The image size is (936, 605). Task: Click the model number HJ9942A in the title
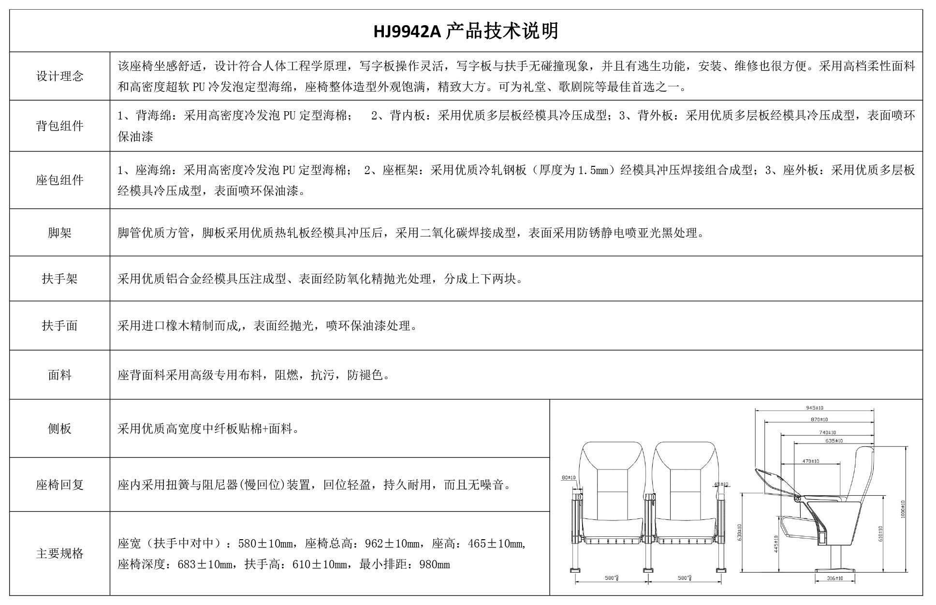coord(407,31)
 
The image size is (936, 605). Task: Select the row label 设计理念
coord(59,76)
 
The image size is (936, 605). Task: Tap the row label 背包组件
coord(59,126)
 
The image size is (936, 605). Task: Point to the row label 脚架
coord(59,233)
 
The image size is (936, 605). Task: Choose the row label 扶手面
coord(59,326)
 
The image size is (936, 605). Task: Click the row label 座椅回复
coord(59,485)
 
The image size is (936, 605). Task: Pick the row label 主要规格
coord(59,553)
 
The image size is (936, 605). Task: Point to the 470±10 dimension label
coord(811,461)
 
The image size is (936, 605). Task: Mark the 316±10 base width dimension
coord(835,578)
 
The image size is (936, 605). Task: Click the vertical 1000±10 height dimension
coord(903,509)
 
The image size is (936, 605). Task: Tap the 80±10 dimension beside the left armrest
coord(569,478)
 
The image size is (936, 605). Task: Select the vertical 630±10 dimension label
coord(740,532)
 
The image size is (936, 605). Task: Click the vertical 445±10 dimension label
coord(776,544)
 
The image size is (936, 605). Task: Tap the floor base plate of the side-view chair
coord(835,570)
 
